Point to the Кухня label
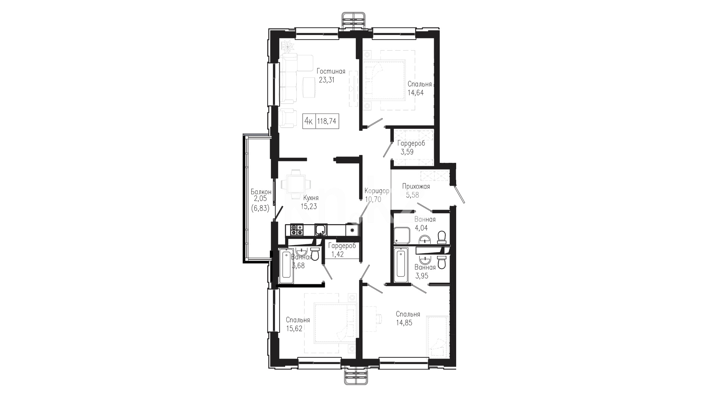(x=311, y=198)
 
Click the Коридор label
(x=377, y=191)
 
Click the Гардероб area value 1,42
(x=337, y=254)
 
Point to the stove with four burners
(x=297, y=230)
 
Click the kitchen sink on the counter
(x=320, y=230)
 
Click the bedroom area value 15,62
(x=294, y=329)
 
